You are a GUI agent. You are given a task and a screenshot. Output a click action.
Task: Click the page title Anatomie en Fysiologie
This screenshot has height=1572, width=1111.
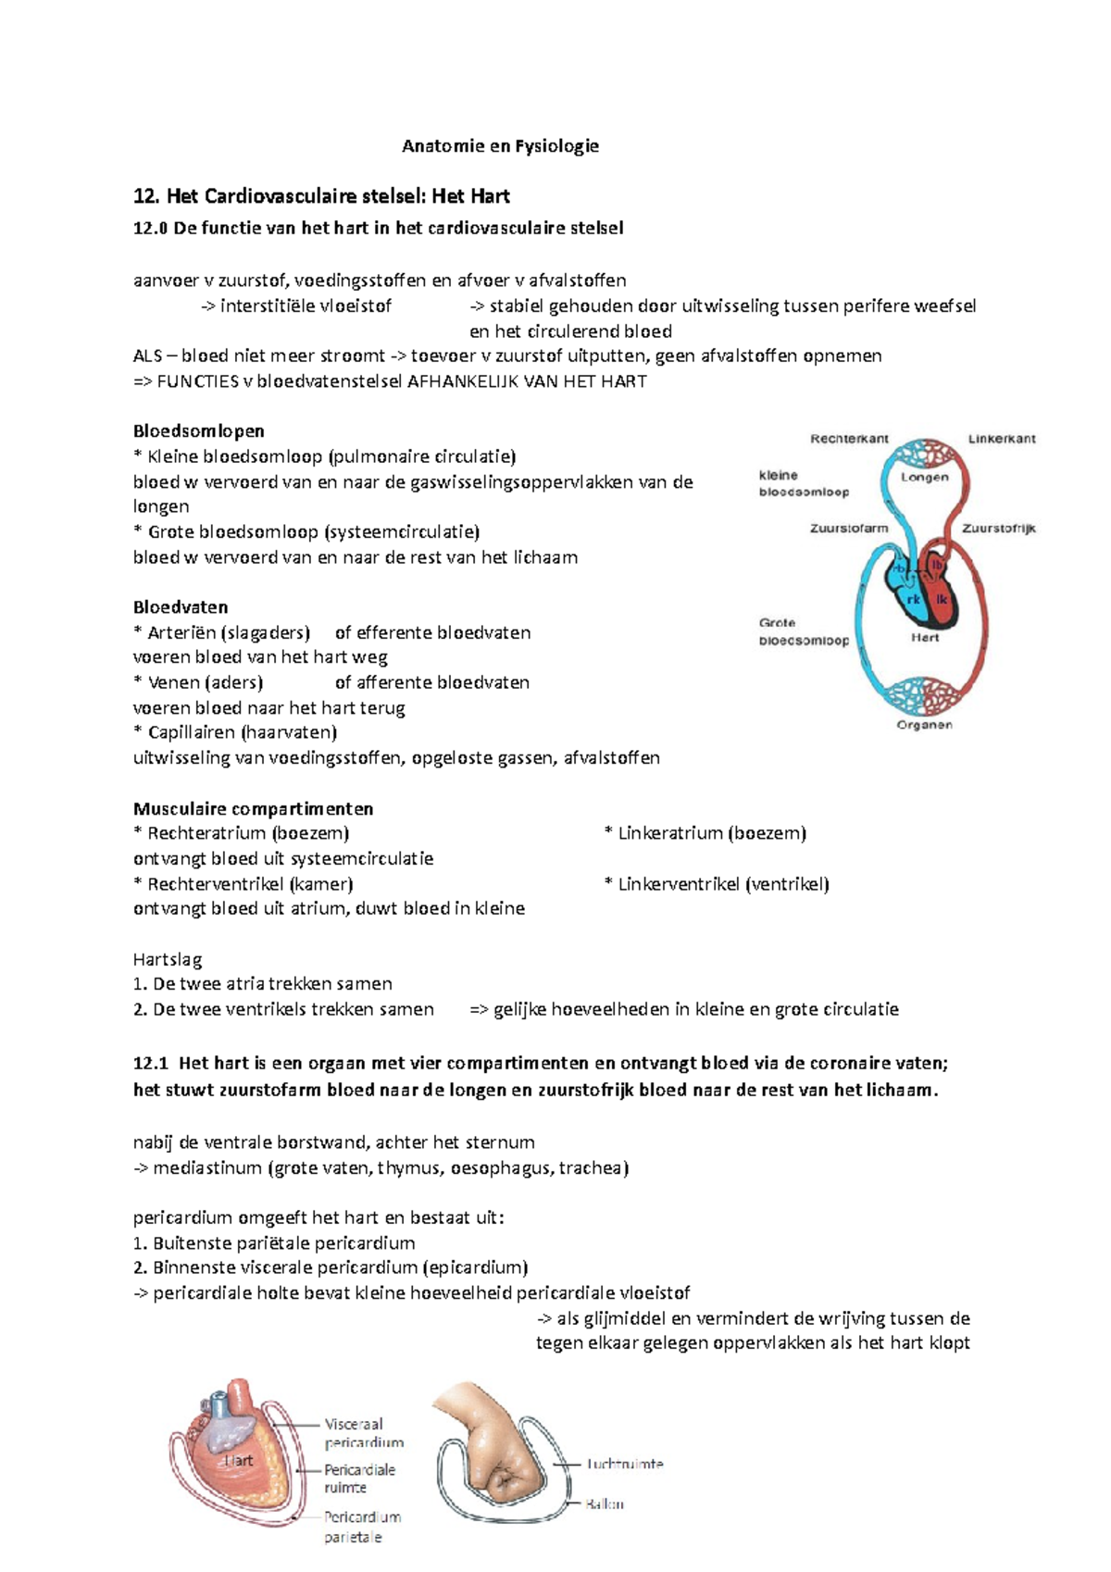coord(500,145)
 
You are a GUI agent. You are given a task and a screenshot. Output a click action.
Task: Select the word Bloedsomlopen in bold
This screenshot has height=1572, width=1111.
coord(199,430)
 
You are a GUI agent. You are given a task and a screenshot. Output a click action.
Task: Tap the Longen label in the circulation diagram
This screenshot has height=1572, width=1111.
coord(925,477)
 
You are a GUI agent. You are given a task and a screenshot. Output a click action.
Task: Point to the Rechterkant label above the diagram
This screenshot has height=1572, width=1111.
coord(849,439)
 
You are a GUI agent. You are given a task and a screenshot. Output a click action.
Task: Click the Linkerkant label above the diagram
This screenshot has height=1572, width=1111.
coord(1002,439)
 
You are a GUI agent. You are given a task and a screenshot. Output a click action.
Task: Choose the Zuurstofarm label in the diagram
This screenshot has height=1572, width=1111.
coord(849,528)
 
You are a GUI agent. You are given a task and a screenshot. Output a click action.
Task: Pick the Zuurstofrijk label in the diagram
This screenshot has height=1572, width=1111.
coord(998,529)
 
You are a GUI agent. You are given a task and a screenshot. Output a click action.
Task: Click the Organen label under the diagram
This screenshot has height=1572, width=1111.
coord(924,725)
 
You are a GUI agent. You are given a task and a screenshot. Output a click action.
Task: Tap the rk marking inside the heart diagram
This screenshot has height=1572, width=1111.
coord(913,600)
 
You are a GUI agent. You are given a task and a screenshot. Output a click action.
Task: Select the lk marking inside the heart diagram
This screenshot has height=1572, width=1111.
coord(942,599)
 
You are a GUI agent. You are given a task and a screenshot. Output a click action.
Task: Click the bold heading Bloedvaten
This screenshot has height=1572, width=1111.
coord(181,607)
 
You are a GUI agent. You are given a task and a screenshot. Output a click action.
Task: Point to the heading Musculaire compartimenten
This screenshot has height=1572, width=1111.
coord(254,808)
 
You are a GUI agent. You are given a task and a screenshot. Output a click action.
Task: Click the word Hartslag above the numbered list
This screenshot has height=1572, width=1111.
coord(168,959)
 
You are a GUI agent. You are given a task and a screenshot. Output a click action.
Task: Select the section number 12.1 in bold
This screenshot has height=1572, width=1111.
coord(151,1063)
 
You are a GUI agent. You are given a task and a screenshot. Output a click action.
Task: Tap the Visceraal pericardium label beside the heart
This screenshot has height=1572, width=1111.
coord(364,1433)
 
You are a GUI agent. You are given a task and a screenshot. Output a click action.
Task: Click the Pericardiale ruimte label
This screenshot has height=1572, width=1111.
coord(359,1478)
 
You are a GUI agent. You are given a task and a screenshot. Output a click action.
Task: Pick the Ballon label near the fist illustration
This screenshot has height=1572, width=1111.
coord(605,1504)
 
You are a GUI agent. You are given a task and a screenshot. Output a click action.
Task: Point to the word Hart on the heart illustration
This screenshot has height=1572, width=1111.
coord(238,1461)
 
